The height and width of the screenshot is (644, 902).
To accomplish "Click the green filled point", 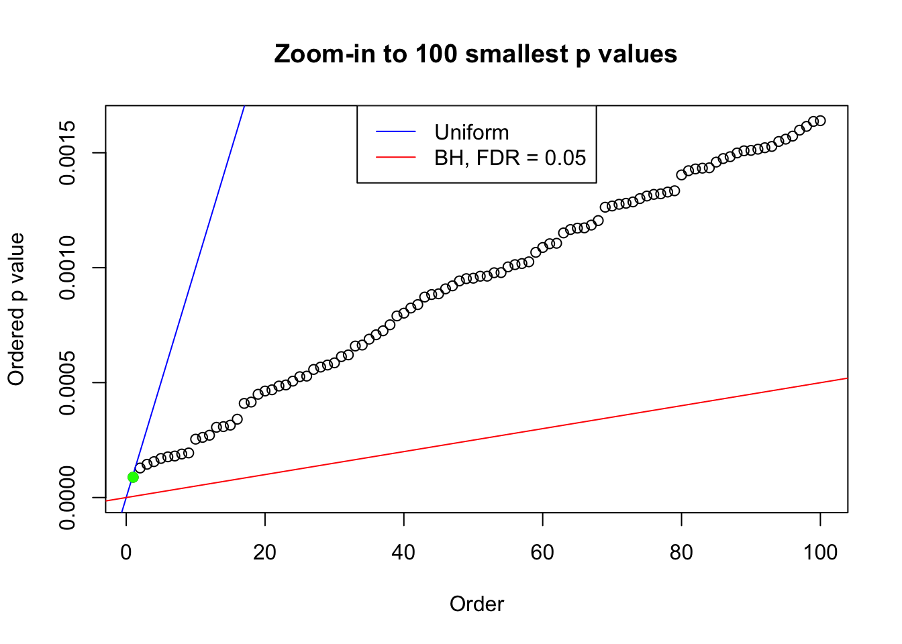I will pyautogui.click(x=133, y=477).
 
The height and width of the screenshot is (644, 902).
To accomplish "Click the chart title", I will pyautogui.click(x=476, y=54).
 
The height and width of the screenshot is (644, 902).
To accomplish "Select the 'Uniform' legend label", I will pyautogui.click(x=471, y=132).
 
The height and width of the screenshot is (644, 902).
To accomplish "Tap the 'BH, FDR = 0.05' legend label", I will pyautogui.click(x=510, y=158).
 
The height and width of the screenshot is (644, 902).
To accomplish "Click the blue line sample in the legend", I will pyautogui.click(x=396, y=132).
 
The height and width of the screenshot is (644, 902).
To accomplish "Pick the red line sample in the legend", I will pyautogui.click(x=396, y=158).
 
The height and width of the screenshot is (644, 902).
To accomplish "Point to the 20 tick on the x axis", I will pyautogui.click(x=265, y=553).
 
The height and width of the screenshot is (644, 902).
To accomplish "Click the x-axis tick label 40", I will pyautogui.click(x=404, y=553).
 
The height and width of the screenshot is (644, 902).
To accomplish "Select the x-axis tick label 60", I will pyautogui.click(x=542, y=553).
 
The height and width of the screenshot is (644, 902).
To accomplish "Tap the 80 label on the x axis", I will pyautogui.click(x=681, y=553).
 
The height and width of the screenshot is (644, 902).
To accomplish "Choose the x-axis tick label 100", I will pyautogui.click(x=820, y=553).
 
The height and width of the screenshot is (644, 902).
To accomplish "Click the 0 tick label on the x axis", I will pyautogui.click(x=126, y=553).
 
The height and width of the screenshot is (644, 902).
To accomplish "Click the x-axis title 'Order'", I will pyautogui.click(x=477, y=604).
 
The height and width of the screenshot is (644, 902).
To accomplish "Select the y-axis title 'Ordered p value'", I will pyautogui.click(x=16, y=309).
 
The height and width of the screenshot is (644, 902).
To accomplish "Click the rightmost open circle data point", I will pyautogui.click(x=820, y=121).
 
